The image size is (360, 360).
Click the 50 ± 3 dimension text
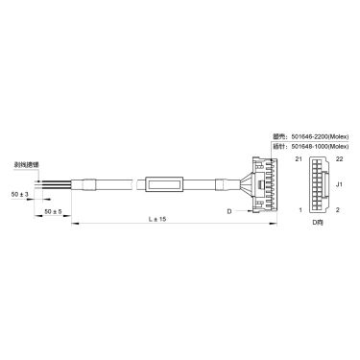18,194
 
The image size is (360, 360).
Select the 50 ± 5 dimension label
54,209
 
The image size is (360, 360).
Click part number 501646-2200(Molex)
316,137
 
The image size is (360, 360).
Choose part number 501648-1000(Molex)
316,146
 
